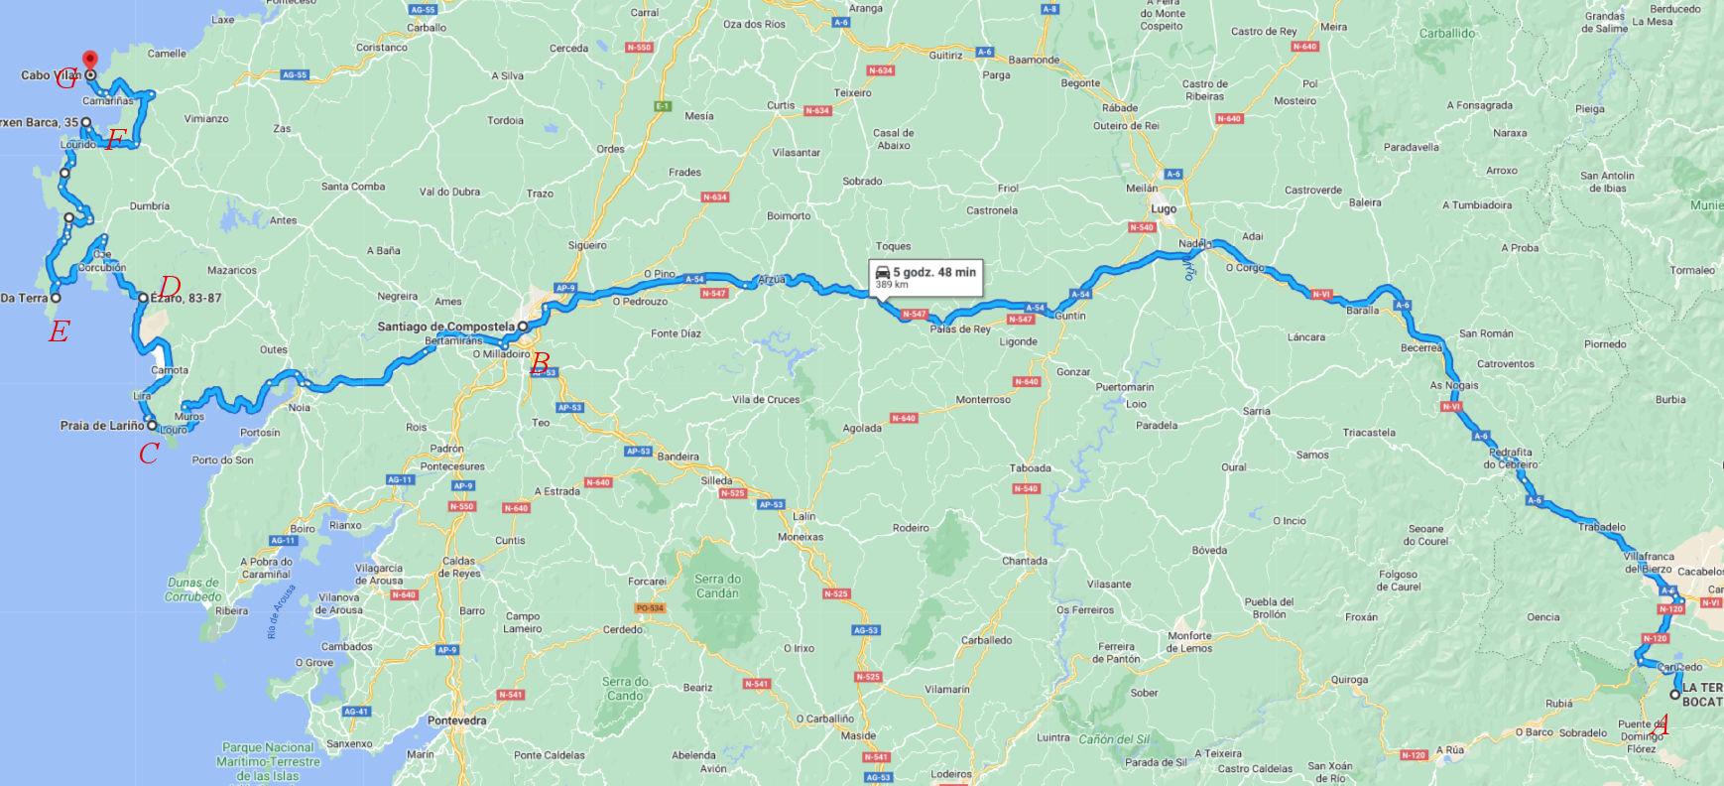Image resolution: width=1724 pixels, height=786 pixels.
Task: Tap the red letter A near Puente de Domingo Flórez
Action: point(1662,726)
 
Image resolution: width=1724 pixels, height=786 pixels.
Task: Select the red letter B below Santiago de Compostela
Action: point(541,363)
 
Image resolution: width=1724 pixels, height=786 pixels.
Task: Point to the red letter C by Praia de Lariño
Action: point(149,454)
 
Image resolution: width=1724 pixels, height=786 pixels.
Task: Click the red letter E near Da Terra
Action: point(60,331)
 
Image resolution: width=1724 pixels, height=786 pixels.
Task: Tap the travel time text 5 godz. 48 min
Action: point(934,272)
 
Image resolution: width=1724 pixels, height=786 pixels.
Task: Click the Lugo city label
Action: point(1164,209)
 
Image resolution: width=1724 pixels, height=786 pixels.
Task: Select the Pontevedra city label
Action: point(456,720)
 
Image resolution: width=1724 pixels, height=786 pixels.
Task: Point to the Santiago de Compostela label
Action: point(445,327)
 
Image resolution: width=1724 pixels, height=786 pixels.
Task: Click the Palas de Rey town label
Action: point(959,329)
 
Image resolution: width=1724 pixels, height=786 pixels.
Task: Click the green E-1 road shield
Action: point(663,106)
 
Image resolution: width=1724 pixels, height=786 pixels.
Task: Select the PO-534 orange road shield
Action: point(650,607)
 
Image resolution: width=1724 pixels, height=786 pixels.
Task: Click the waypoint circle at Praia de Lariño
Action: point(152,426)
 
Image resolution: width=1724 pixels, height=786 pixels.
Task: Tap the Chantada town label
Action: point(1024,561)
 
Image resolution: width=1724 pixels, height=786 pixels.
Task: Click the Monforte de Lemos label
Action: point(1189,642)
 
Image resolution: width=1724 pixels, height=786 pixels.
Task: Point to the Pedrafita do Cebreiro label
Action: point(1510,458)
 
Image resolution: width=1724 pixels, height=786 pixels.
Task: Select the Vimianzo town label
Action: point(206,119)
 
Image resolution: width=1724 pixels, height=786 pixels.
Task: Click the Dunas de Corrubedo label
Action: point(193,589)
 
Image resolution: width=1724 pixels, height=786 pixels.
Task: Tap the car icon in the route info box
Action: point(882,272)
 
